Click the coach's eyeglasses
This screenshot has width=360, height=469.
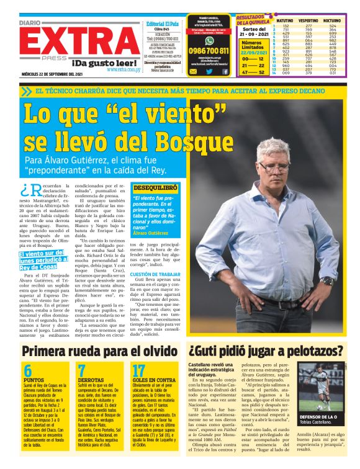coord(273,167)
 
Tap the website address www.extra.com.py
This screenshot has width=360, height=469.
coord(125,69)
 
